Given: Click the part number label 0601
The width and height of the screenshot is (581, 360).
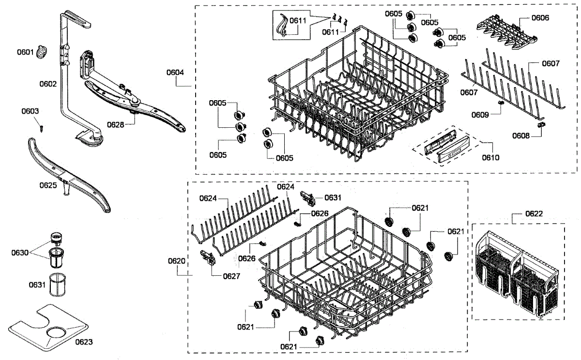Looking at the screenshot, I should tap(25, 52).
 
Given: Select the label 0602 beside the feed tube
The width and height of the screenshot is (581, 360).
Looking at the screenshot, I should tap(48, 84).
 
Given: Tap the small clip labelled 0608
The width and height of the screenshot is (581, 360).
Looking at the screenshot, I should tap(542, 125).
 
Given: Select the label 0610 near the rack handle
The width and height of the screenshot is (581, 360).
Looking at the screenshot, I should tap(490, 157).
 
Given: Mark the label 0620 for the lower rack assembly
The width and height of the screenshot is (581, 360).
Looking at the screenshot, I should tap(176, 261).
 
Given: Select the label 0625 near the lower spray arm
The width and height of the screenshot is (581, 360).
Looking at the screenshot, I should tap(48, 185).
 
